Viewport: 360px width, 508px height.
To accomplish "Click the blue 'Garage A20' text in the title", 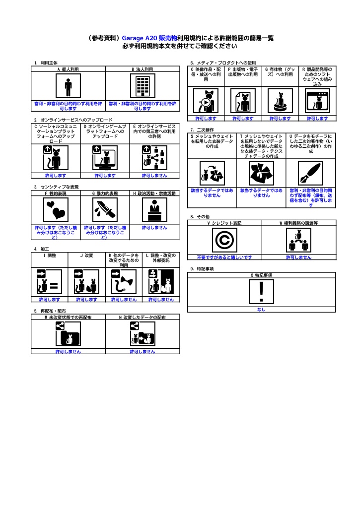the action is (140, 38).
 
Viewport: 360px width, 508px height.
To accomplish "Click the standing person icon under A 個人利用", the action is (68, 86).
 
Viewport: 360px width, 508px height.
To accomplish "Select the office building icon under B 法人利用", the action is (143, 86).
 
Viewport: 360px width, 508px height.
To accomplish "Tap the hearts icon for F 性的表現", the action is (56, 210).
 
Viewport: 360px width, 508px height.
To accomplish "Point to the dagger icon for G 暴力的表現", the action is (105, 210).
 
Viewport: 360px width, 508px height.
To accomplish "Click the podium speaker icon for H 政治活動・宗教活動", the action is (155, 210).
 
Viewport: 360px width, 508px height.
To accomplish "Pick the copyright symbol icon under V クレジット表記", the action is (224, 240).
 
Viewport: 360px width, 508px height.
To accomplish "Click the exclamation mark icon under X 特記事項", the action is (261, 292).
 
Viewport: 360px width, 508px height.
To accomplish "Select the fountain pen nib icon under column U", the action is (311, 173).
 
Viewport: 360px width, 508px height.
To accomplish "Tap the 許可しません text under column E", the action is (155, 176).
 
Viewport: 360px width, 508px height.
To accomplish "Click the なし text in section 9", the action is (261, 310).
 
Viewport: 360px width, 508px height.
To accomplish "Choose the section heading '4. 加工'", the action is (42, 249).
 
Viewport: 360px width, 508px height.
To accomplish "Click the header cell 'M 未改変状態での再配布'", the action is (68, 317).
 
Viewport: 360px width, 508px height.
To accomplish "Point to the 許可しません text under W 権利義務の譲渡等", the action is (299, 257).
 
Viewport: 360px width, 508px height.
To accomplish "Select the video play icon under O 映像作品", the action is (206, 101).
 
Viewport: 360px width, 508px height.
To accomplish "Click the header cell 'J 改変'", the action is (86, 255).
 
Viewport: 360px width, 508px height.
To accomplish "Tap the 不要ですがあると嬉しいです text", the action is (224, 257).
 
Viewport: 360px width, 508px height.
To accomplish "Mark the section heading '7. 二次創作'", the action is (202, 130).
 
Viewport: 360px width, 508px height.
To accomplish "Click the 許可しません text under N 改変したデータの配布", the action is (143, 352).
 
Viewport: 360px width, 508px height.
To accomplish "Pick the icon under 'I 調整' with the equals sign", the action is (49, 282).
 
